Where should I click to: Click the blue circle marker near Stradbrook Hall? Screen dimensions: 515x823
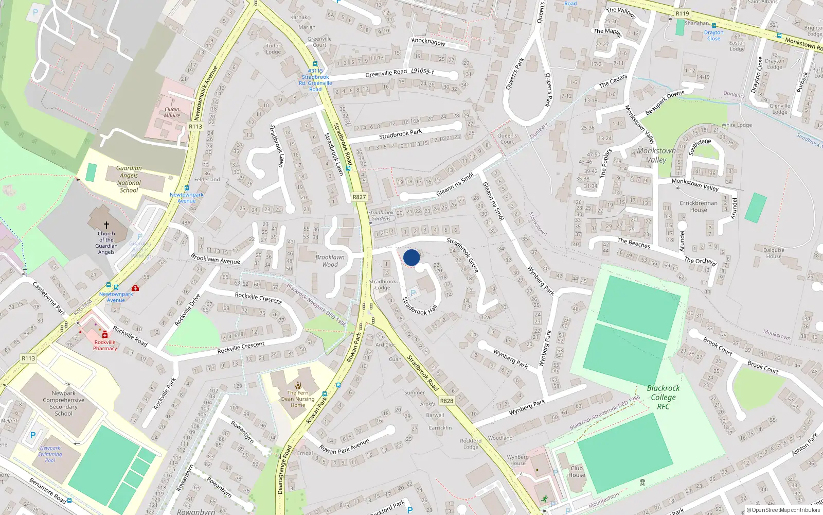(411, 257)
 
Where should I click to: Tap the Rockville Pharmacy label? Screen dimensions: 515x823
(105, 345)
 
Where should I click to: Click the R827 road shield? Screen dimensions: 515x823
(359, 197)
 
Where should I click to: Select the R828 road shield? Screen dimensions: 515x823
(446, 401)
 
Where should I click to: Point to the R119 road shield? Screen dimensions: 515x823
(682, 14)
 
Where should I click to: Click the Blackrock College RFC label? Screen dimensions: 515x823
(663, 397)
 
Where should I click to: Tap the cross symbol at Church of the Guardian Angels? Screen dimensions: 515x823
(106, 225)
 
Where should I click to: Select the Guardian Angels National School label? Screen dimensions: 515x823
(129, 179)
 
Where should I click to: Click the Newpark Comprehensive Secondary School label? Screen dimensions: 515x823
(64, 403)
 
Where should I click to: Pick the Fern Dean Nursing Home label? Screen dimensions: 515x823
(298, 399)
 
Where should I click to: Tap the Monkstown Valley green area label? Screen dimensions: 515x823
(656, 155)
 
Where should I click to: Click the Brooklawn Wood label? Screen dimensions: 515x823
(330, 261)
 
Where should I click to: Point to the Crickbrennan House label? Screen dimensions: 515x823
(698, 206)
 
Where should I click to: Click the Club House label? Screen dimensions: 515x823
(577, 471)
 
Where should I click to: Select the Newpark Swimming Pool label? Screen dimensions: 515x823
(50, 454)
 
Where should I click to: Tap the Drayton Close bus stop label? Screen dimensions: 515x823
(713, 35)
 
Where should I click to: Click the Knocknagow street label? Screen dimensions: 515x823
(428, 42)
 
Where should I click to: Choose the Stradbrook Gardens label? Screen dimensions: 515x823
(381, 215)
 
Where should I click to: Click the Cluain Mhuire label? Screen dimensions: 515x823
(172, 112)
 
